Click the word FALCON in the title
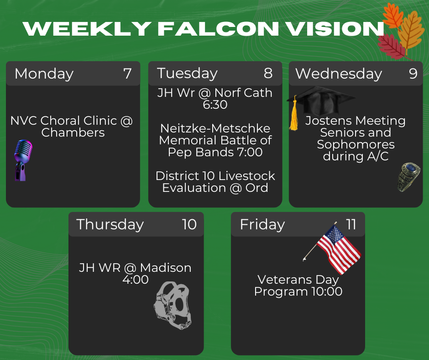point(218,29)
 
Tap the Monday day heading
point(44,74)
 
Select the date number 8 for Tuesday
point(268,73)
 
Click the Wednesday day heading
point(339,74)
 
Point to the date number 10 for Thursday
point(189,224)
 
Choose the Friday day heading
point(262,225)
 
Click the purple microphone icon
point(23,160)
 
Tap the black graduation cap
point(321,100)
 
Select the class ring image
point(408,177)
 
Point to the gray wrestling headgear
point(173,305)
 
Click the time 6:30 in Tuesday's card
point(215,105)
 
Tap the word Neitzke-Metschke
point(215,128)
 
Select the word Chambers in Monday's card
point(73,132)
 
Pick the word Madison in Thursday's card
point(166,268)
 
